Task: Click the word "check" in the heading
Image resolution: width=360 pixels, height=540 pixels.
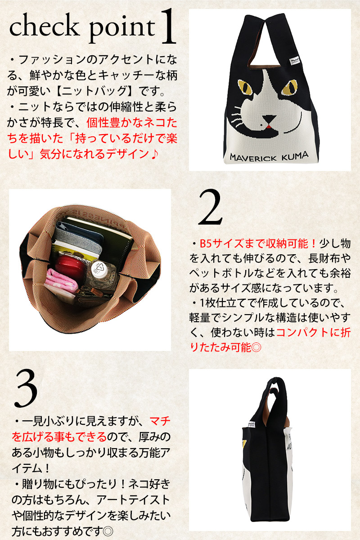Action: coord(44,25)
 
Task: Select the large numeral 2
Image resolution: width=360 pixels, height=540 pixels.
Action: coord(210,207)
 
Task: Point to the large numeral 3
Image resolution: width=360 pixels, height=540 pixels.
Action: coord(26,388)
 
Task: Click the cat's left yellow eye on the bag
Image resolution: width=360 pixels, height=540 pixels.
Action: coord(245,87)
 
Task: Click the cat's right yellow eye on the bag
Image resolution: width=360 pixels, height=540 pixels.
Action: coord(290,87)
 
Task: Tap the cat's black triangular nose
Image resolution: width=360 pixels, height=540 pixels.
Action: coord(269,119)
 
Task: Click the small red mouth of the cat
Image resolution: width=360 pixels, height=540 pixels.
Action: coord(269,126)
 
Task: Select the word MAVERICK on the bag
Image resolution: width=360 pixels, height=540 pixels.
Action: coord(253,157)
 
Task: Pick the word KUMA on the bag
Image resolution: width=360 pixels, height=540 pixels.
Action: coord(295,156)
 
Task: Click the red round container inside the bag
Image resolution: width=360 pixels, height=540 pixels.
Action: coord(70,265)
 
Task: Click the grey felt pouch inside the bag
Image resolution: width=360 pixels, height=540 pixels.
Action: coord(77,238)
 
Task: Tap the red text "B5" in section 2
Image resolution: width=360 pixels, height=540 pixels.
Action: coord(206,244)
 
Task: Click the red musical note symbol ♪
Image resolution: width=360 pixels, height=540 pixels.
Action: coord(153,154)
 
